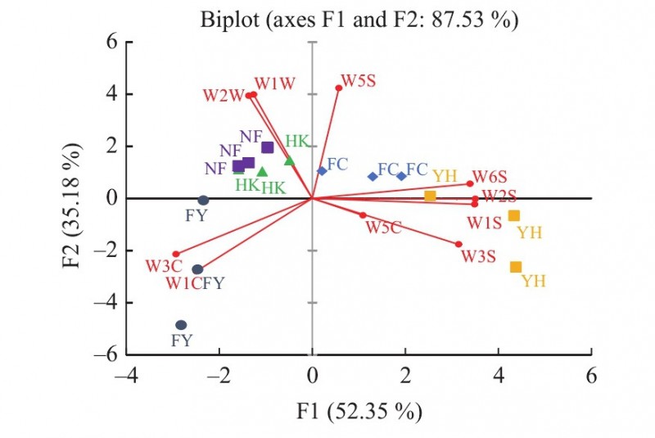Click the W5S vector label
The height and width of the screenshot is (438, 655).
(359, 80)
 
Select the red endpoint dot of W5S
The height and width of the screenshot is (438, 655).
(338, 88)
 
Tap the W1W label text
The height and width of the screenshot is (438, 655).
(273, 84)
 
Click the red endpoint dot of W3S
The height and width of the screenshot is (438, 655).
(458, 244)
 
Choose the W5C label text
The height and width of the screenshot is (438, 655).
(383, 228)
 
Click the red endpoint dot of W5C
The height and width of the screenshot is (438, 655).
(363, 215)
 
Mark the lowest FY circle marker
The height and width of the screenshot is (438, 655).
(181, 325)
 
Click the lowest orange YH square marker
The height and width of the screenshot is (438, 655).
(516, 267)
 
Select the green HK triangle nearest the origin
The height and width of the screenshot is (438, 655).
(289, 160)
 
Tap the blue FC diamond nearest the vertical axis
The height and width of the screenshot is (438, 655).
(322, 171)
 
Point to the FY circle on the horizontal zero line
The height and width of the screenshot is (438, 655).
(204, 200)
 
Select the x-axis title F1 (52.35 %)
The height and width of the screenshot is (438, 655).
(359, 411)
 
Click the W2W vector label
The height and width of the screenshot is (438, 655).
(224, 95)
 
